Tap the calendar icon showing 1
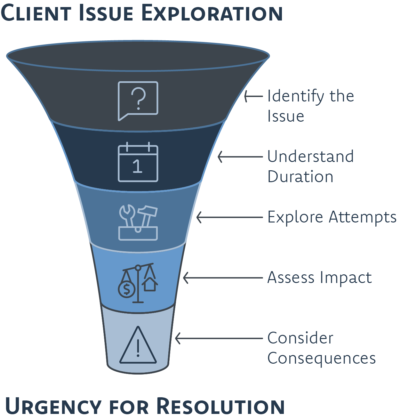pyautogui.click(x=138, y=162)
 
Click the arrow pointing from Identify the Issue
pyautogui.click(x=253, y=96)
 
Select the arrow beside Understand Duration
pyautogui.click(x=240, y=157)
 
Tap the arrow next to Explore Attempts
pyautogui.click(x=229, y=217)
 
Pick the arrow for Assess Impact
pyautogui.click(x=223, y=278)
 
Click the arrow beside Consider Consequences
pyautogui.click(x=219, y=338)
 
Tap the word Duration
pyautogui.click(x=300, y=177)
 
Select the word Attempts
pyautogui.click(x=363, y=218)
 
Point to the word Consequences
pyautogui.click(x=321, y=358)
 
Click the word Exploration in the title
pyautogui.click(x=212, y=13)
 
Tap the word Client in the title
pyautogui.click(x=36, y=13)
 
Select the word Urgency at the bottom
pyautogui.click(x=53, y=406)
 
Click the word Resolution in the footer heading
pyautogui.click(x=220, y=406)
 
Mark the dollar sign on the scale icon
pyautogui.click(x=126, y=289)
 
